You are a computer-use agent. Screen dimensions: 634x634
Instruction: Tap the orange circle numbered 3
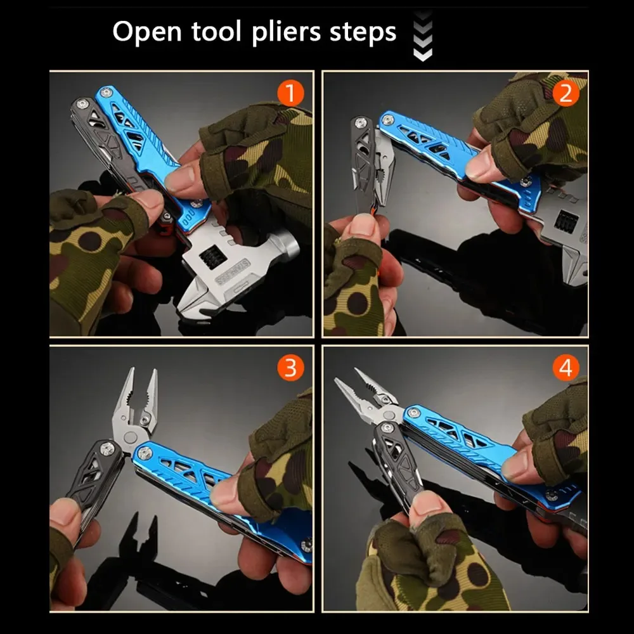click(290, 368)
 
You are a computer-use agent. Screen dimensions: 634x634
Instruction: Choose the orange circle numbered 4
click(565, 368)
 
